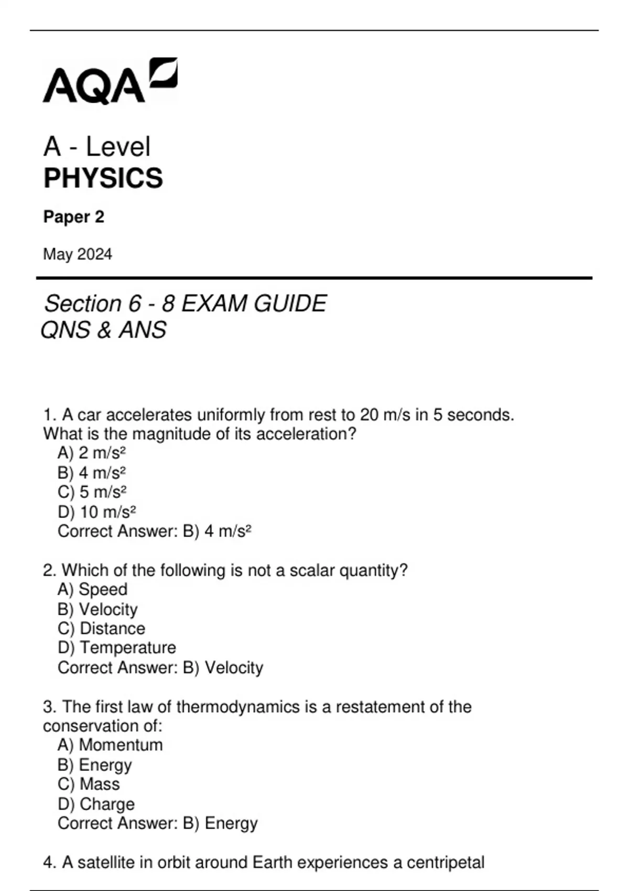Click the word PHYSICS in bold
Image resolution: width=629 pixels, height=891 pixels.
pos(103,178)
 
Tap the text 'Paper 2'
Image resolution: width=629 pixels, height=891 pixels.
pos(74,217)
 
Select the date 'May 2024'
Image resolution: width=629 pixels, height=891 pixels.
pos(78,254)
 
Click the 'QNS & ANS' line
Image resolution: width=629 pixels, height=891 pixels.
pos(104,330)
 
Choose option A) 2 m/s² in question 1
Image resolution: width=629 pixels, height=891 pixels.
pos(92,452)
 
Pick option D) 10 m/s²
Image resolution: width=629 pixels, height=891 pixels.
pos(97,512)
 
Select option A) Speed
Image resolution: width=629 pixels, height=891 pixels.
pos(92,589)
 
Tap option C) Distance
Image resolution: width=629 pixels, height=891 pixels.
pos(101,628)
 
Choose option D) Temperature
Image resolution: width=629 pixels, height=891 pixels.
pos(116,648)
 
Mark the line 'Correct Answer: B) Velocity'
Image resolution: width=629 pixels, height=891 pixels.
pos(160,668)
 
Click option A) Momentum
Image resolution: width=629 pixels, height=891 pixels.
pos(110,745)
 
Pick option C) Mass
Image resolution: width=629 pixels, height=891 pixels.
pos(89,784)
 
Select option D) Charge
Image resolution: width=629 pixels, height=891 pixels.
pos(96,803)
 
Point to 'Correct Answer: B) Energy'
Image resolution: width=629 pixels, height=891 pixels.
pos(157,823)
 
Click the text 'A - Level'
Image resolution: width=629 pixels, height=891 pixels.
pos(97,146)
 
